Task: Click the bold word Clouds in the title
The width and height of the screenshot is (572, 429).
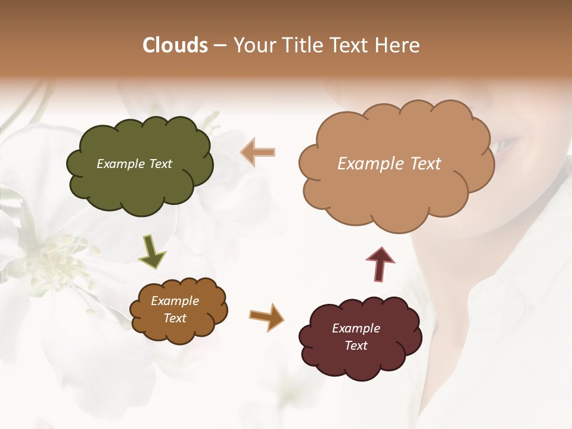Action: point(175,45)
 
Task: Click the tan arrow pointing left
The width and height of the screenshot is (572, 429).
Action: point(257,152)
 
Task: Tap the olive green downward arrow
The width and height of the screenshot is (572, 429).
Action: point(152,251)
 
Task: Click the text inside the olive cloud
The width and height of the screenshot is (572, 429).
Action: point(134,164)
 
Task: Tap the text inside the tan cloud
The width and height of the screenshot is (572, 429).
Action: point(389,164)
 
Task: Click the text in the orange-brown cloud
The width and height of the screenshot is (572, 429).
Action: point(175,309)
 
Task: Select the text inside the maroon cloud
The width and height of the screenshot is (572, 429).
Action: point(356,337)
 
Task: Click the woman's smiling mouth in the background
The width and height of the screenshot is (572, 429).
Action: point(506,143)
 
